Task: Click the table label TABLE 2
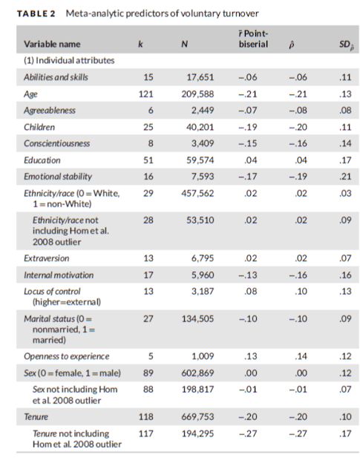36,13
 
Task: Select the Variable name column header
52,45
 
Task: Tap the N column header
184,45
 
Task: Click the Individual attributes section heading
69,61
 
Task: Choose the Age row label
30,94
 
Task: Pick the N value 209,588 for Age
197,94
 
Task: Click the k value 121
145,94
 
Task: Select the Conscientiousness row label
57,143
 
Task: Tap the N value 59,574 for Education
200,160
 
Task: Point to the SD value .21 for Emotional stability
345,177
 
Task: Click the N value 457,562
197,193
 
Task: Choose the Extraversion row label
47,258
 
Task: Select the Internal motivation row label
59,275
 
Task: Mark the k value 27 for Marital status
148,318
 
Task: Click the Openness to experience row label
67,356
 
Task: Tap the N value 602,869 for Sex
197,373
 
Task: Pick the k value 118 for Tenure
145,417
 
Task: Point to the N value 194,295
197,433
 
